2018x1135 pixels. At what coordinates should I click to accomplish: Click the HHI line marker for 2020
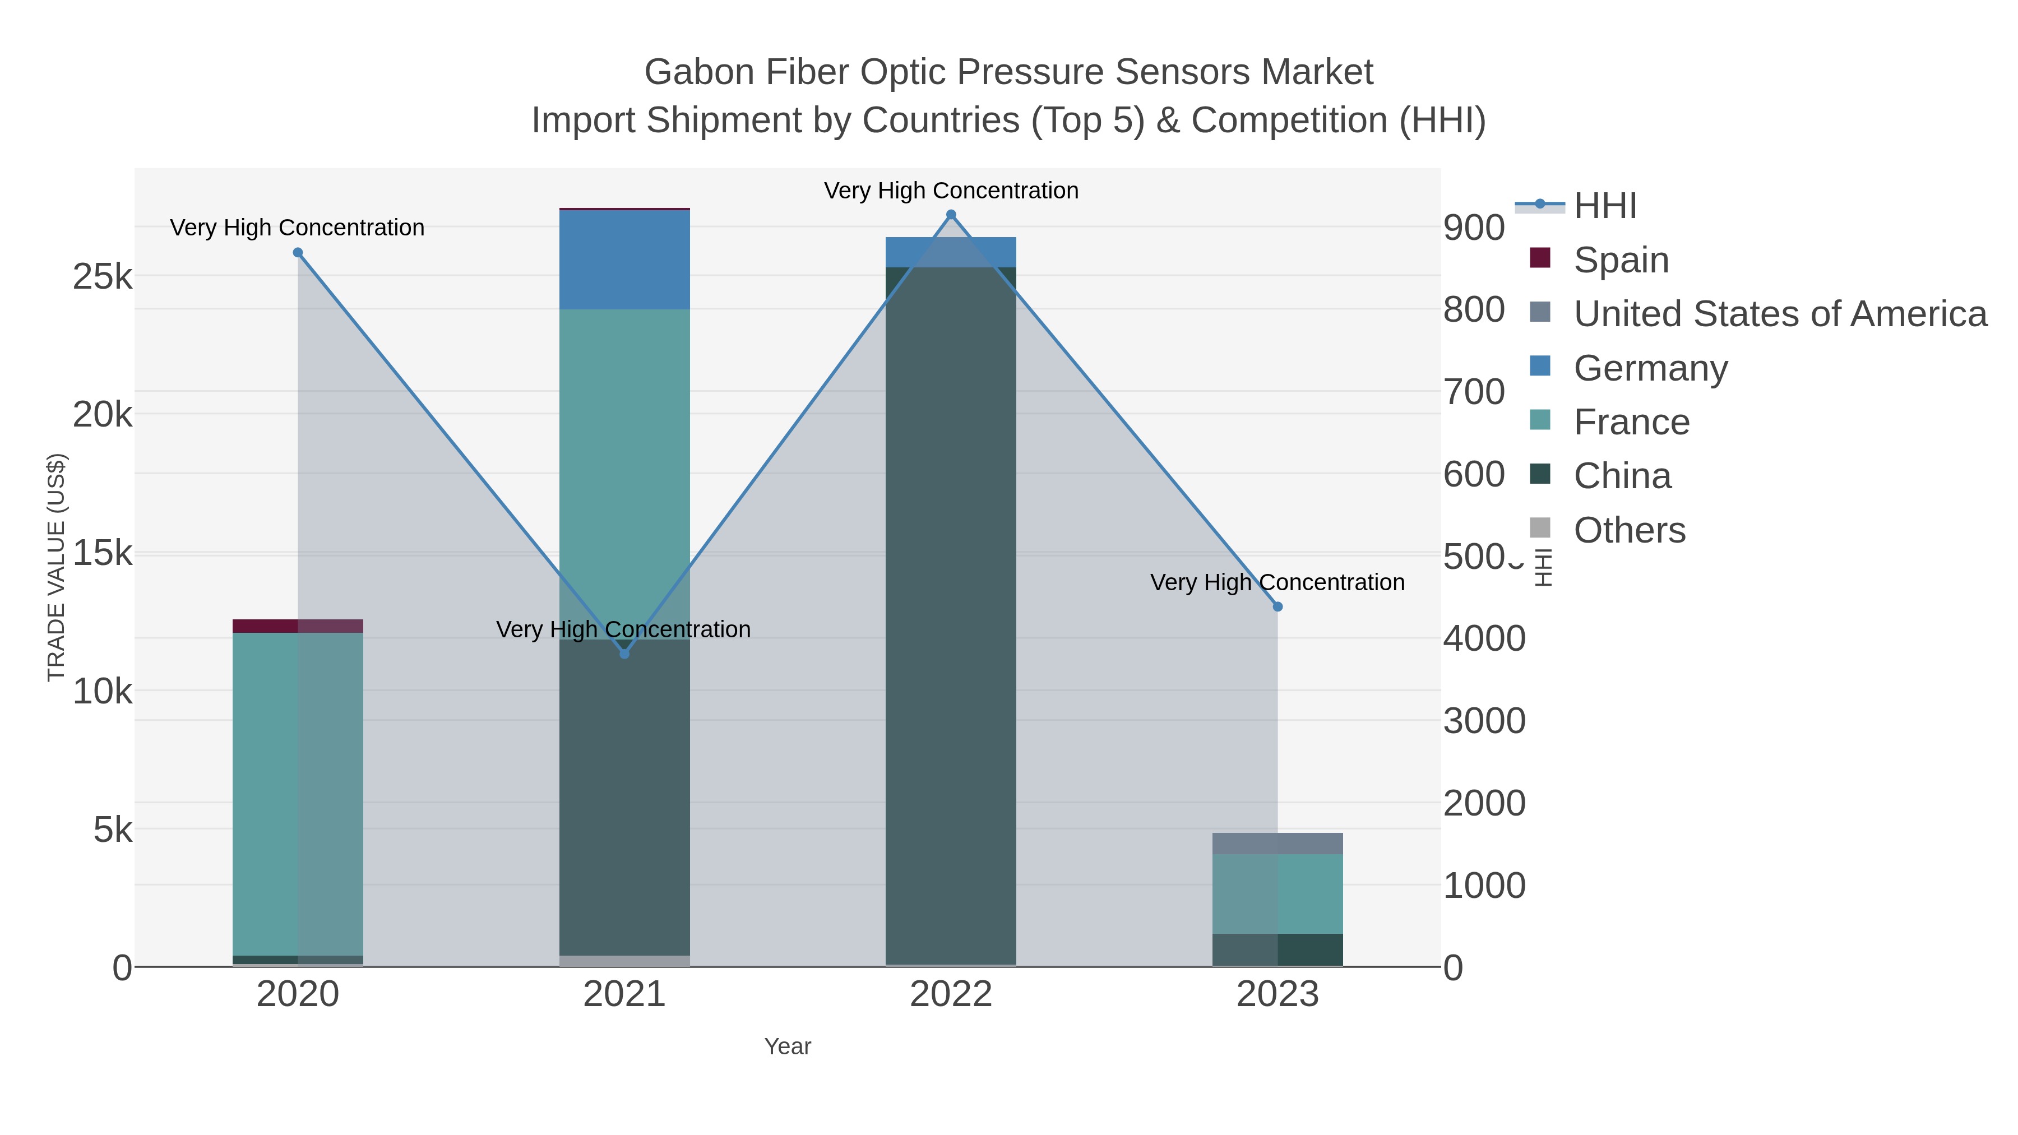(x=298, y=252)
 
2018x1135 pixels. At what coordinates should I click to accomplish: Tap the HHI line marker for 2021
(x=624, y=654)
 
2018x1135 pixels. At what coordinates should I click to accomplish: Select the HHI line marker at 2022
(x=951, y=215)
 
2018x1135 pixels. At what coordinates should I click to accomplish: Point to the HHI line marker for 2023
(x=1278, y=606)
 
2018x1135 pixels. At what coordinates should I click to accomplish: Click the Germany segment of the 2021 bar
(x=624, y=260)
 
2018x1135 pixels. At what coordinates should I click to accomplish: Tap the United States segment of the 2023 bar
(x=1278, y=844)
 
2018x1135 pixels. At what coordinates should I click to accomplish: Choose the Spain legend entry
(x=1621, y=260)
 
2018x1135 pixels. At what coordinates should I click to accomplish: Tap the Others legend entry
(x=1628, y=530)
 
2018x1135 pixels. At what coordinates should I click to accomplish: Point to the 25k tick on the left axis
(x=103, y=276)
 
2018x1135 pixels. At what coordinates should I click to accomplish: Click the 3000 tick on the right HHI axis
(x=1484, y=721)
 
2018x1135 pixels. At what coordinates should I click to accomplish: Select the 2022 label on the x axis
(x=951, y=994)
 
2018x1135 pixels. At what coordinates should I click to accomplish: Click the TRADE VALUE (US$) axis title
(x=57, y=567)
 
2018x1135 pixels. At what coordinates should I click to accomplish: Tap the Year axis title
(x=788, y=1046)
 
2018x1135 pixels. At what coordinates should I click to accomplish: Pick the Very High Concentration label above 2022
(x=951, y=191)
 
